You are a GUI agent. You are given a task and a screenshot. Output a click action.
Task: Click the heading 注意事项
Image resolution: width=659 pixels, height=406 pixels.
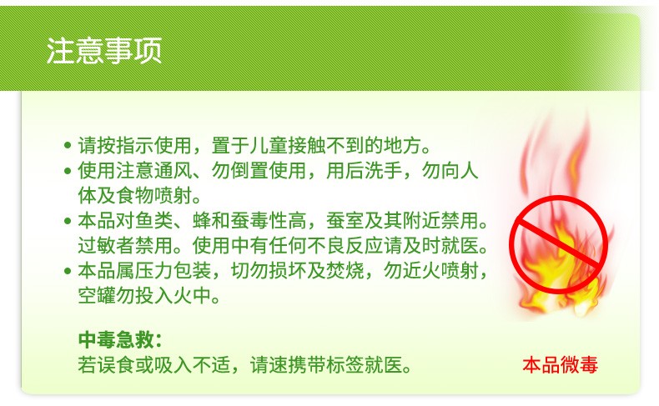point(104,51)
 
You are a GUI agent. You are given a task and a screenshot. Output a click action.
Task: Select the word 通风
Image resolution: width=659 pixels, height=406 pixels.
point(174,171)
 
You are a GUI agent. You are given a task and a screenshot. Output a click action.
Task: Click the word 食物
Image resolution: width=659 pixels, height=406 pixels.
point(135,196)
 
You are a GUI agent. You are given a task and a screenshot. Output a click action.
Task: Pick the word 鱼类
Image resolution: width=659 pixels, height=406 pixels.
point(153,221)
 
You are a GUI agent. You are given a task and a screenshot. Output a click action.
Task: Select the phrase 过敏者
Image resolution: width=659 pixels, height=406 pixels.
point(106,246)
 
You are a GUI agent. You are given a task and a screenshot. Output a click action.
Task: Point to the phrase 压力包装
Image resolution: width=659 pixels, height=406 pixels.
point(174,271)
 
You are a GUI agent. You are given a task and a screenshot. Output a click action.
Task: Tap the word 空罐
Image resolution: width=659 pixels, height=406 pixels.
point(97,296)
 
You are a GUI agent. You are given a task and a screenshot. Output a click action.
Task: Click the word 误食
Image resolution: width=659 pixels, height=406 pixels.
point(116,365)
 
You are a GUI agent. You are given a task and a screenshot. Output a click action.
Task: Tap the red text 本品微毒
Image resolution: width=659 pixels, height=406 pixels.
point(561,365)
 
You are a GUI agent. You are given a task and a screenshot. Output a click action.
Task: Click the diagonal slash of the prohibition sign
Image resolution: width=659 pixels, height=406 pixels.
point(559,244)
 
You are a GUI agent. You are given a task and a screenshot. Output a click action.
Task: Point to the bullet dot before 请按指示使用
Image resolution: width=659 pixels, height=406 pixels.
point(68,146)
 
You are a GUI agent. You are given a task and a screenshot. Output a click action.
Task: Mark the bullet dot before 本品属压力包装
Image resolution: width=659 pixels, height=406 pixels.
point(68,271)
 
